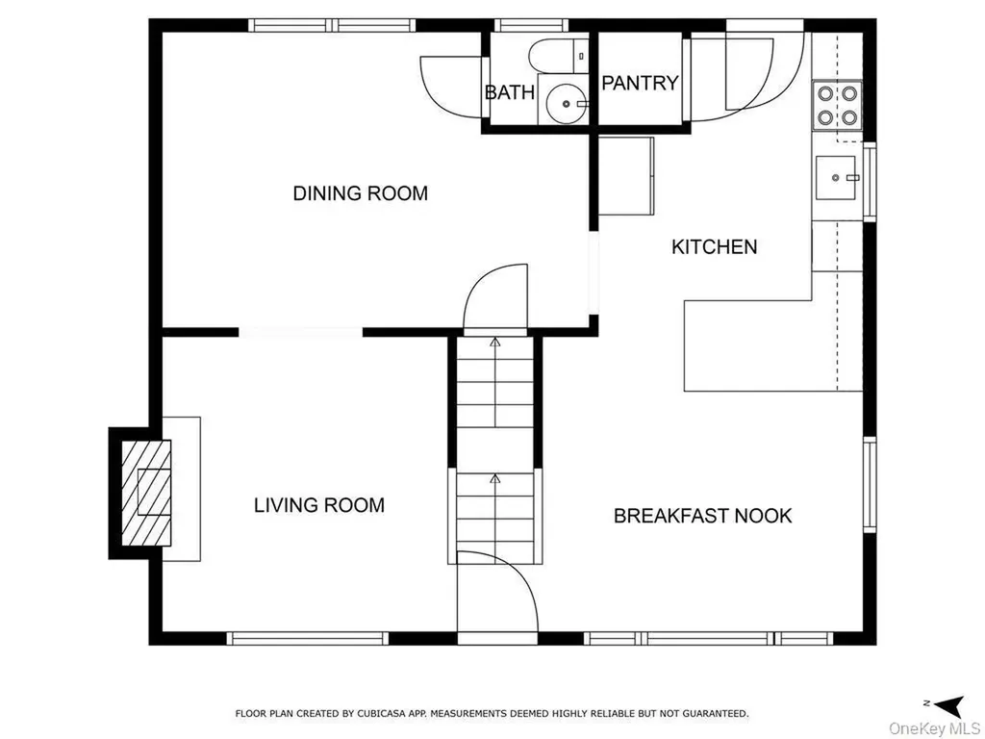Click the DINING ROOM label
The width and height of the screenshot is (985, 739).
click(x=361, y=192)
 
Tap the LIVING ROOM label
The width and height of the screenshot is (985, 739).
click(x=319, y=505)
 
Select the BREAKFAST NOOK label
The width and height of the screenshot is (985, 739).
click(x=702, y=516)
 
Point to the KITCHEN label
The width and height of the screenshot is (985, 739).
click(x=715, y=247)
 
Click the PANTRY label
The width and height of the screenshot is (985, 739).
click(x=640, y=83)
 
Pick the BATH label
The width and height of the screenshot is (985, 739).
click(x=510, y=92)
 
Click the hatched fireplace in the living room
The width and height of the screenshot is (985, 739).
click(x=146, y=493)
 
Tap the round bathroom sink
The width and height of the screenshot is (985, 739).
click(x=566, y=104)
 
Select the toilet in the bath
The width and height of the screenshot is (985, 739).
click(x=558, y=55)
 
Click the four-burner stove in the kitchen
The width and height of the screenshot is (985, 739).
click(x=837, y=106)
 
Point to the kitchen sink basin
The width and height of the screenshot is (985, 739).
click(x=836, y=178)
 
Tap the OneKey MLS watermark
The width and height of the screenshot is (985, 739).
click(x=934, y=729)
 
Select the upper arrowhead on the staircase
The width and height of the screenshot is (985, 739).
click(x=495, y=343)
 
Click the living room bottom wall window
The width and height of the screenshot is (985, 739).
click(x=307, y=639)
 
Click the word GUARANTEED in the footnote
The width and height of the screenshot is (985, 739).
click(x=716, y=713)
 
